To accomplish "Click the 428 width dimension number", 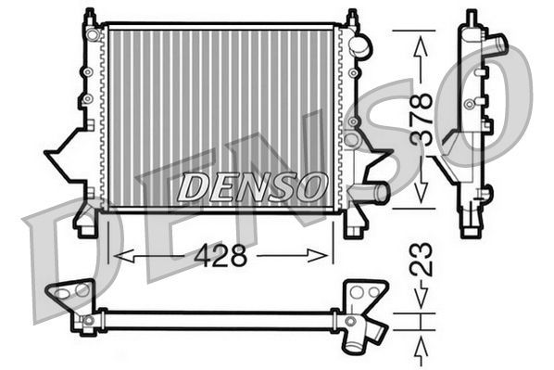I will coord(221,256).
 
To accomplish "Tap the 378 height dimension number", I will coord(422,117).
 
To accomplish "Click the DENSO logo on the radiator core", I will coord(251,186).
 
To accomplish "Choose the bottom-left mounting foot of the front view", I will coord(86,223).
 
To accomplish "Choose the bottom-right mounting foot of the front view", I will coord(354,223).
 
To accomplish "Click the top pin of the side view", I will coord(471,18).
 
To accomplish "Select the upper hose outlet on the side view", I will coord(497,44).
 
